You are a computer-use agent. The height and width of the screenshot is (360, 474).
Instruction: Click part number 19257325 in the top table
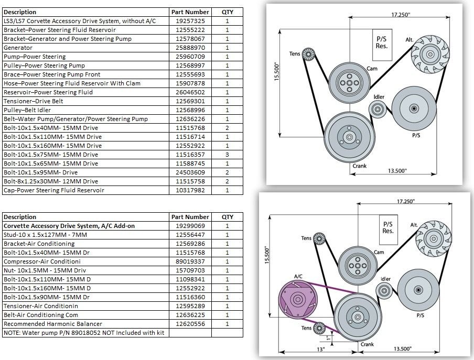coord(190,21)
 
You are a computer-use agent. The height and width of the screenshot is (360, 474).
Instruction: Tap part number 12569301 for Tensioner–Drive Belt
coord(190,101)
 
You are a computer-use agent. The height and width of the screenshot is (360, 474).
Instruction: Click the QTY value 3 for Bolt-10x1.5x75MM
coord(228,155)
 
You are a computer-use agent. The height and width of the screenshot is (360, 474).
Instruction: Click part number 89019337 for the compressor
coord(190,261)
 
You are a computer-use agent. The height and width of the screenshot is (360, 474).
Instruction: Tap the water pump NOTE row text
coord(84,333)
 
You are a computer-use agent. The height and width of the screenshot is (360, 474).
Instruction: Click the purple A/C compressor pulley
coord(298,300)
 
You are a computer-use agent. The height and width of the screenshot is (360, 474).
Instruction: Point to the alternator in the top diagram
coord(430,54)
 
